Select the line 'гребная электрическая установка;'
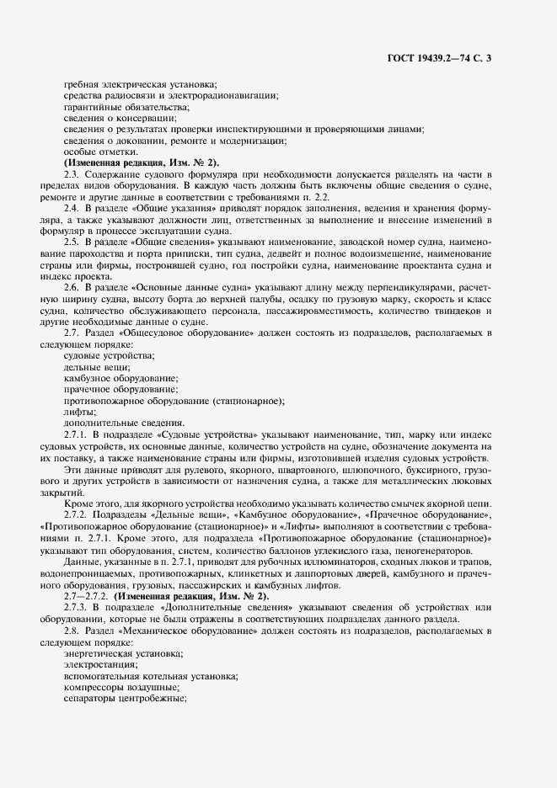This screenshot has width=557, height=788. (140, 83)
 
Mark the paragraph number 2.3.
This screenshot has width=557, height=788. (72, 173)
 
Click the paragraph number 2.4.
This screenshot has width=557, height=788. (72, 206)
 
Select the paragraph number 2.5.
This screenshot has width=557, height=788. (72, 241)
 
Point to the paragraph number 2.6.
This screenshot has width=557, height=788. (72, 287)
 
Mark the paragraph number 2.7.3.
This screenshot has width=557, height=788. (75, 606)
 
